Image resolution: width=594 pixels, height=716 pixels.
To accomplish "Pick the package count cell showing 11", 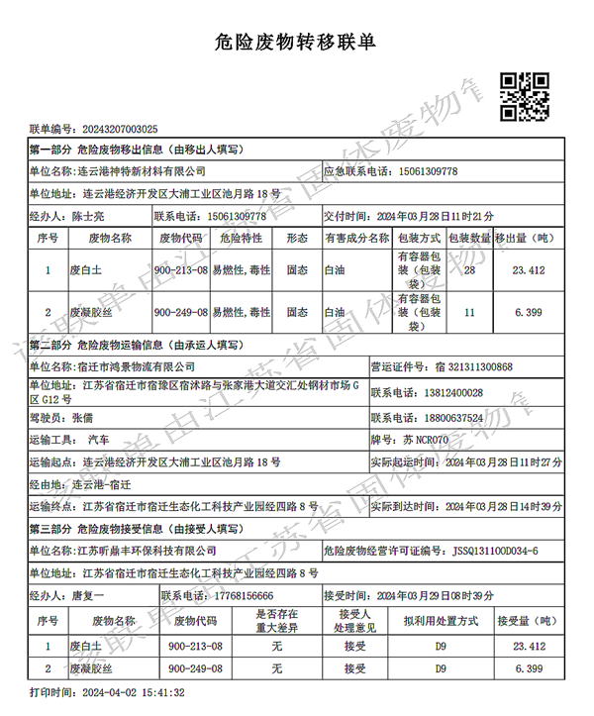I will pyautogui.click(x=469, y=312).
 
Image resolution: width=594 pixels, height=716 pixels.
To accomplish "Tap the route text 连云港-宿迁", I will pyautogui.click(x=101, y=485).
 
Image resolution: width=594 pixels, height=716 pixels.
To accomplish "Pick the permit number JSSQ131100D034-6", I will pyautogui.click(x=496, y=550).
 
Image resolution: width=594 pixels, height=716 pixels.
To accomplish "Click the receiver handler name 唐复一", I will pyautogui.click(x=88, y=595).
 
